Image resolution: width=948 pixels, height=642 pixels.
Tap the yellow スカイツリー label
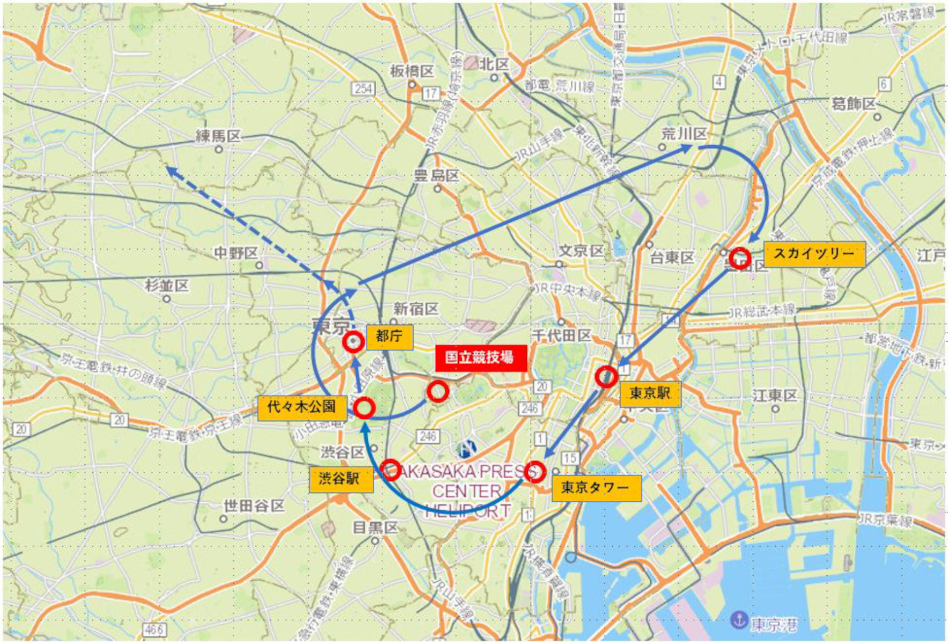point(814,254)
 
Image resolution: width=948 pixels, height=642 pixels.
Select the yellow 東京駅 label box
point(650,394)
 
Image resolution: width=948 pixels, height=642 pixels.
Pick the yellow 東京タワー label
point(596,488)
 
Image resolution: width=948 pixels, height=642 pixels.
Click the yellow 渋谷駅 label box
point(341,479)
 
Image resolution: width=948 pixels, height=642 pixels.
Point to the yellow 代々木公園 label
point(302,407)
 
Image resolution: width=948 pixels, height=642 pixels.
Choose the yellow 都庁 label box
point(389,337)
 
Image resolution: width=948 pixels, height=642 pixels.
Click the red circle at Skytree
point(740,258)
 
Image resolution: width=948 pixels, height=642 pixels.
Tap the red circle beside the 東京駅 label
point(606,377)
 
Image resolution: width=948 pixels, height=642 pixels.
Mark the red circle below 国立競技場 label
point(437,391)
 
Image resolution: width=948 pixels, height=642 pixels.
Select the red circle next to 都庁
point(353,342)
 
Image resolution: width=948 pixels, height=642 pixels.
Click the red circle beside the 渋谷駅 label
point(391,470)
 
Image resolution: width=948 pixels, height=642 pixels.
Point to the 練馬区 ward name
point(218,136)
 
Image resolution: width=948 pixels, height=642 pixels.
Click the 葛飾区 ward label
point(853,104)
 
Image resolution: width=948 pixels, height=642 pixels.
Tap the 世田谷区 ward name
point(254,506)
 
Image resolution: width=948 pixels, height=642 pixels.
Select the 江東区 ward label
point(775,396)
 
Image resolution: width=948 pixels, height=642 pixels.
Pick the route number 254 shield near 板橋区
point(363,89)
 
